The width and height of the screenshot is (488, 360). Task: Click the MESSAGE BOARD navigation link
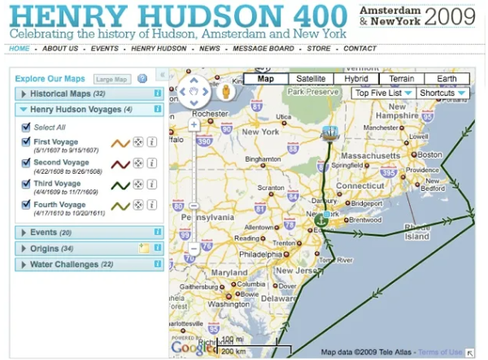(264, 49)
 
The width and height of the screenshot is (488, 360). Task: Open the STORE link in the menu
(319, 49)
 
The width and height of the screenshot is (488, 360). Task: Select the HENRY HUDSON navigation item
(158, 49)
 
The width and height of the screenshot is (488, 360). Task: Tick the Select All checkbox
(26, 128)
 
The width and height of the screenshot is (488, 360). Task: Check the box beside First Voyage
(26, 142)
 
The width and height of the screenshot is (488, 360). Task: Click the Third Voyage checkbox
(26, 184)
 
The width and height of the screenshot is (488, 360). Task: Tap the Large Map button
(111, 80)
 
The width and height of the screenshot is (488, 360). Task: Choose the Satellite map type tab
(311, 80)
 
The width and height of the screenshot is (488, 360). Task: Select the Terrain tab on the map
(401, 80)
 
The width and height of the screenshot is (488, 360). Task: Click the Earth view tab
(447, 80)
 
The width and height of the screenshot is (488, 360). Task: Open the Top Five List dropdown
(383, 93)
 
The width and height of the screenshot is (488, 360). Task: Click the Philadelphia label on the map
(260, 253)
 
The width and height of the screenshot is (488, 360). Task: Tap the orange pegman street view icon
(227, 92)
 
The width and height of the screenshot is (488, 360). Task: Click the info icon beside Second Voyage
(151, 163)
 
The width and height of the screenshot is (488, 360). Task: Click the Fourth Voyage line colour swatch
(120, 206)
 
